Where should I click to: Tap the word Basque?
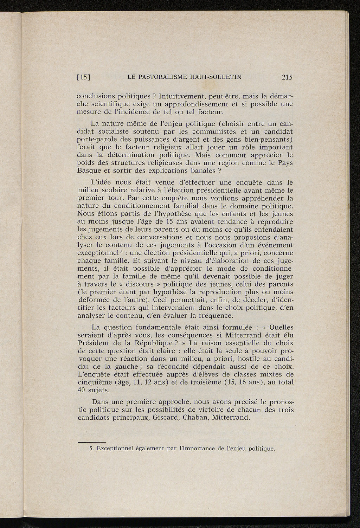pyautogui.click(x=88, y=171)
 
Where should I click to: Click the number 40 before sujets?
pyautogui.click(x=82, y=390)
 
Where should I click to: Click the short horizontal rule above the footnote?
pyautogui.click(x=91, y=442)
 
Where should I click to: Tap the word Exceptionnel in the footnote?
pyautogui.click(x=117, y=449)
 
